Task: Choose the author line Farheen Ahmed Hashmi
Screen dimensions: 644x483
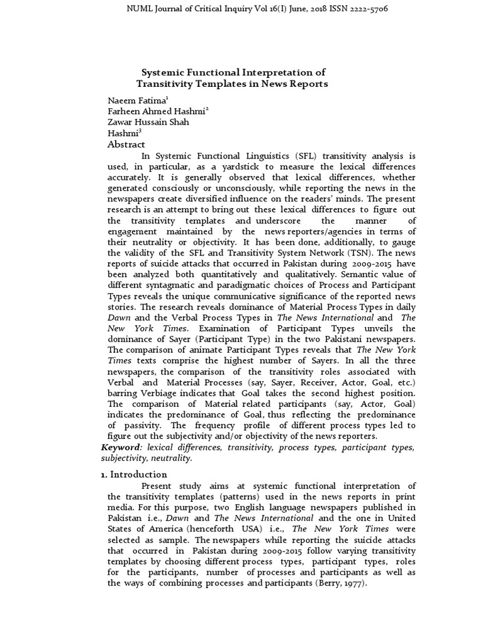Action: click(x=157, y=111)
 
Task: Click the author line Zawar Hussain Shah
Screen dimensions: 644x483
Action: click(x=148, y=122)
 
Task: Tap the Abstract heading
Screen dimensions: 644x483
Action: click(x=126, y=145)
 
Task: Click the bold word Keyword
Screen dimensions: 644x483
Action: click(x=119, y=447)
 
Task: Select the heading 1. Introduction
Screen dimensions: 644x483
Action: click(x=134, y=474)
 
